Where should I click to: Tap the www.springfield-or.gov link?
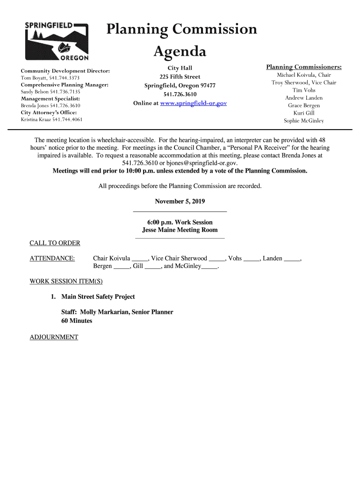[193, 103]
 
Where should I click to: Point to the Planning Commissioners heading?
[304, 67]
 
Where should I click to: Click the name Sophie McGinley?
[304, 121]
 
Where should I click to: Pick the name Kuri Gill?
[304, 113]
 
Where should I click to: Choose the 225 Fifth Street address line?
[180, 77]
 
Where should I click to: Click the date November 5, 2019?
[180, 202]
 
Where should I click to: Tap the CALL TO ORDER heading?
[55, 243]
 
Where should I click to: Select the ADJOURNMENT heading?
[54, 337]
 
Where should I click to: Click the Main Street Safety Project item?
[98, 297]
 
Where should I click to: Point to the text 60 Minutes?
[77, 321]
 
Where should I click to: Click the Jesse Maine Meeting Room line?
[180, 230]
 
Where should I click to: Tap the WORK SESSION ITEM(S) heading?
[66, 282]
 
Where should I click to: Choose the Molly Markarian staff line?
[117, 312]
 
